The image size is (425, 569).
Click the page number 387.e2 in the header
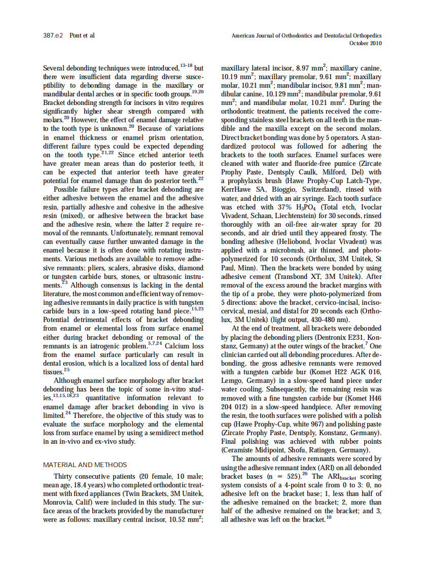(x=53, y=35)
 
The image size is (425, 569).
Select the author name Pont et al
(x=82, y=35)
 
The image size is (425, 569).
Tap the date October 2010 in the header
(x=366, y=43)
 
